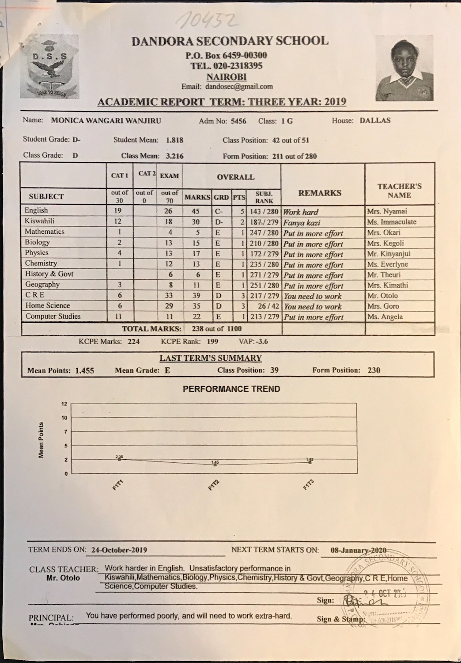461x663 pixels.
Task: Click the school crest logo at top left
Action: coord(49,69)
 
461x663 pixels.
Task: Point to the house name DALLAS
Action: coord(375,120)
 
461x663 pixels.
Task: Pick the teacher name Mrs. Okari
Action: coord(384,232)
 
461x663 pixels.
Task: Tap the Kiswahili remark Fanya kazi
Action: coord(302,223)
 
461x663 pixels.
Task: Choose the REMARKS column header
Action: coord(320,193)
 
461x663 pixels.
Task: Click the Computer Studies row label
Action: coord(53,316)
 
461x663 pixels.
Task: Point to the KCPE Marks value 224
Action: coord(133,341)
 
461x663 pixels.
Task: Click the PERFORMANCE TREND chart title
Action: coord(231,389)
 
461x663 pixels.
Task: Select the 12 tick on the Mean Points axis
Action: coord(64,404)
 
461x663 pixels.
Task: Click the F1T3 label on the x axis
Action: coord(308,487)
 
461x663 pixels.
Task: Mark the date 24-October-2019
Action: coord(119,550)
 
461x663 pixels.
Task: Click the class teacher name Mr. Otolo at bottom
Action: coord(63,578)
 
